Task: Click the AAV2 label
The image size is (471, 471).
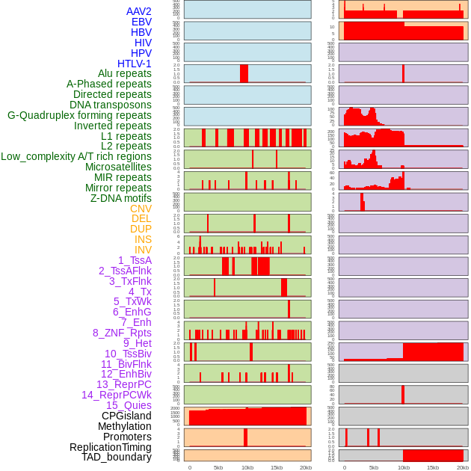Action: pyautogui.click(x=139, y=11)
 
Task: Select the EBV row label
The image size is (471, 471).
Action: pyautogui.click(x=141, y=22)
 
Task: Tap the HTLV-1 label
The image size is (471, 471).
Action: pyautogui.click(x=135, y=64)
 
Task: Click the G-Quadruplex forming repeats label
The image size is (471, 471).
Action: pyautogui.click(x=79, y=115)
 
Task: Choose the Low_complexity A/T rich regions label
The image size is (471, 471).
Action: pyautogui.click(x=76, y=156)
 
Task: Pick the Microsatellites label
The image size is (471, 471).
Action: pyautogui.click(x=118, y=167)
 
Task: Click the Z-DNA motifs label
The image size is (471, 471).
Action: pyautogui.click(x=121, y=198)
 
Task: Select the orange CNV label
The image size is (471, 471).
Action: pyautogui.click(x=141, y=209)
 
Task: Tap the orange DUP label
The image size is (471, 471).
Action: pyautogui.click(x=141, y=229)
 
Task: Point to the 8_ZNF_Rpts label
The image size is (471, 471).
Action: pyautogui.click(x=122, y=333)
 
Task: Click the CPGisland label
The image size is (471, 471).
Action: pyautogui.click(x=126, y=416)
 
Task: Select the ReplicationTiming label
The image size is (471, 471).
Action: pyautogui.click(x=111, y=447)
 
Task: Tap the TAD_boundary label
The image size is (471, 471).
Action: pyautogui.click(x=117, y=457)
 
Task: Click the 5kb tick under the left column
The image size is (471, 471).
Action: pyautogui.click(x=218, y=467)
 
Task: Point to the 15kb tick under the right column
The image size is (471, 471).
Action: pyautogui.click(x=433, y=467)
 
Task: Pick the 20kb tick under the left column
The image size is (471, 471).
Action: pyautogui.click(x=306, y=467)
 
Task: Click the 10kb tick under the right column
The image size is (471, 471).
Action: pyautogui.click(x=404, y=467)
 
